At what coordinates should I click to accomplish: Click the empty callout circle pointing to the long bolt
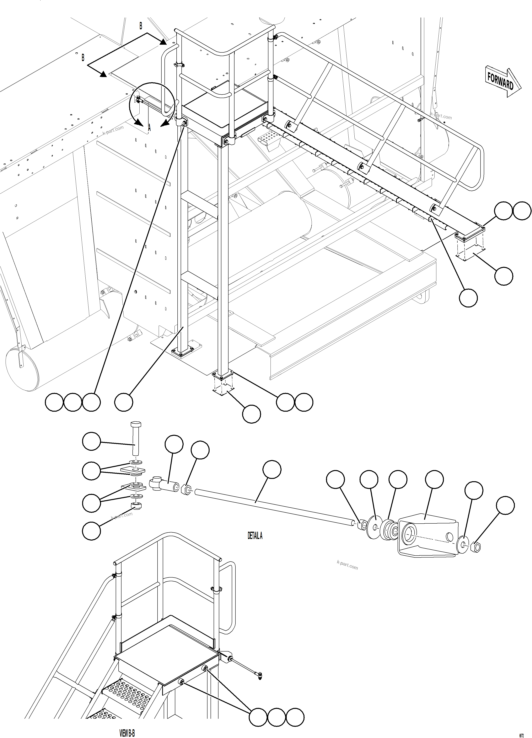coord(92,441)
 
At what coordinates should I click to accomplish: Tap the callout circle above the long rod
coord(272,469)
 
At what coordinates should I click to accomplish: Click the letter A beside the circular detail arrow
coord(149,128)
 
